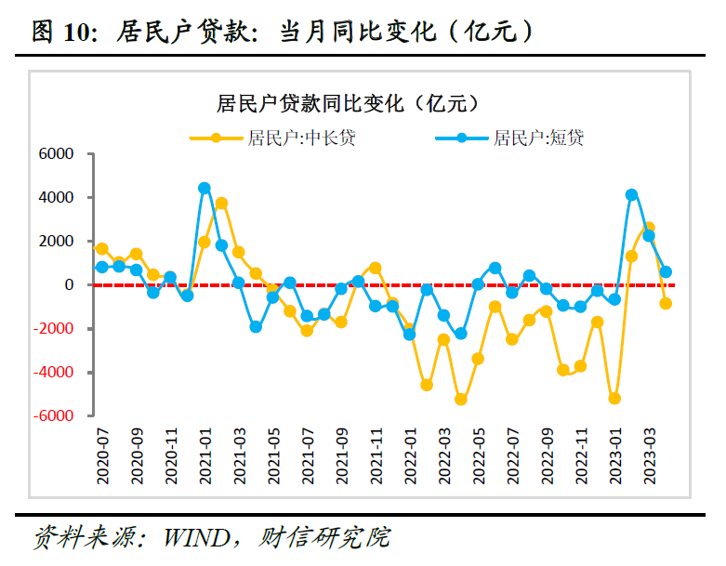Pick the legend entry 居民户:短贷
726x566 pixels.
tap(538, 138)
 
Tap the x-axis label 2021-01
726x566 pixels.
tap(205, 455)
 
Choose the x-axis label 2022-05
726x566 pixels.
tap(477, 455)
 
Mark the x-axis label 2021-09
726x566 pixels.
tap(340, 455)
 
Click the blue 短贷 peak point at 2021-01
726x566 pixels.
tap(205, 188)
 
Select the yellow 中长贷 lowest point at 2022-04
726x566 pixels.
tap(460, 399)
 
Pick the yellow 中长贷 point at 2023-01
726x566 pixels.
tap(614, 398)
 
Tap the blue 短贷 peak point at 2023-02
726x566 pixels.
tap(631, 194)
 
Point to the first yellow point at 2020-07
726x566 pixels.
tap(102, 249)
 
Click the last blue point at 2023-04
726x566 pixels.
tap(666, 271)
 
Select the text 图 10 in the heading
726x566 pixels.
tap(59, 33)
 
